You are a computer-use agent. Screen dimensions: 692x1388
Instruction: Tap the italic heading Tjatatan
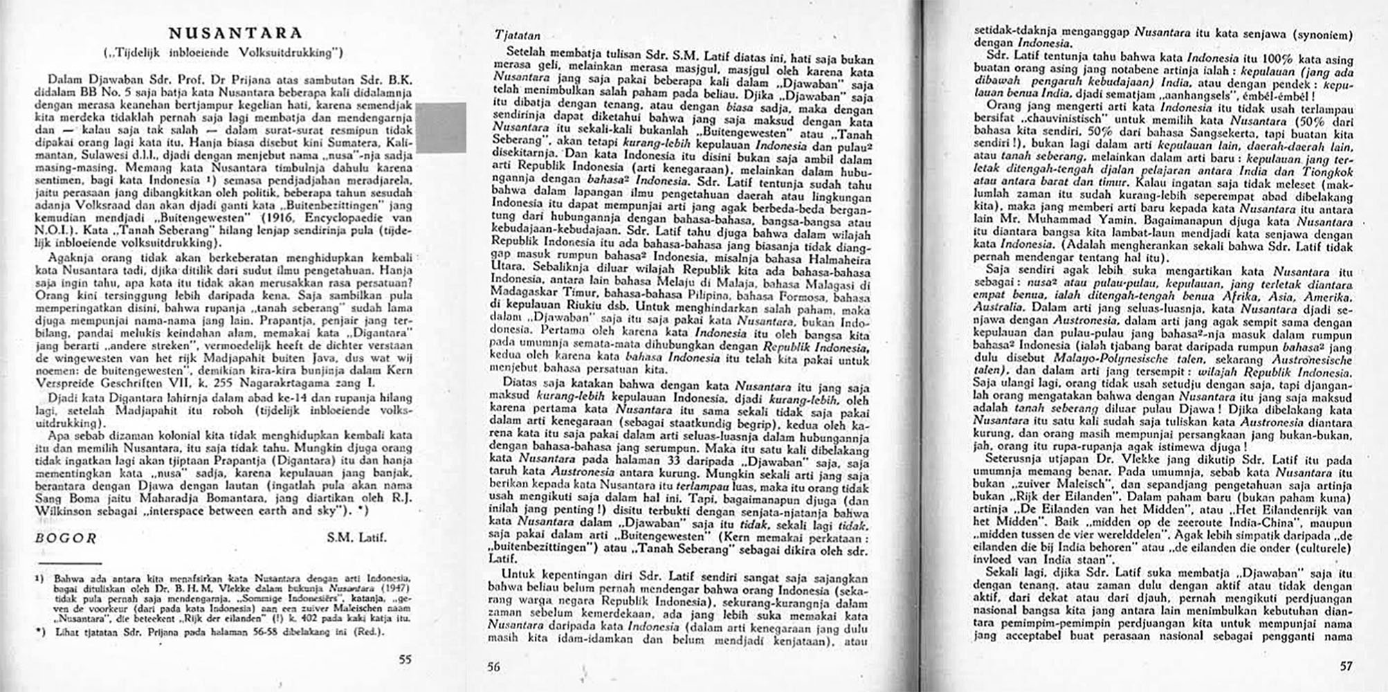[x=518, y=35]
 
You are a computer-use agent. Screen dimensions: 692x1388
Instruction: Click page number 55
[x=405, y=659]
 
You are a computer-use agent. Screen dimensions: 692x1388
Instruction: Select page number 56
[x=493, y=667]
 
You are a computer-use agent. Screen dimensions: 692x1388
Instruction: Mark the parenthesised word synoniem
[x=1321, y=35]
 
